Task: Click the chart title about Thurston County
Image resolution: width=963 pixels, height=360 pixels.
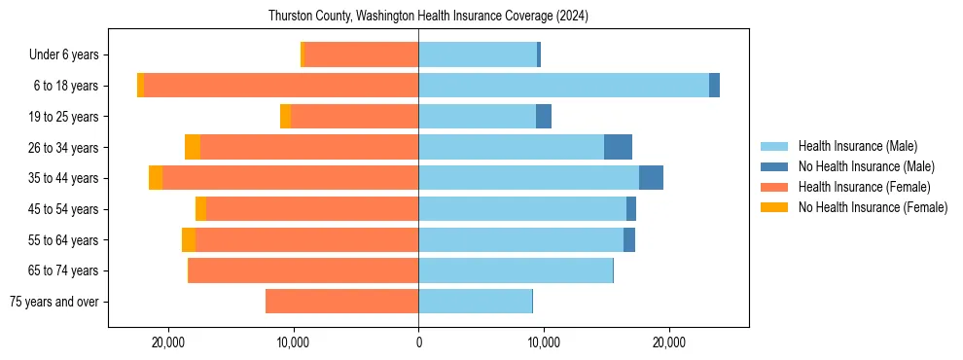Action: click(x=428, y=17)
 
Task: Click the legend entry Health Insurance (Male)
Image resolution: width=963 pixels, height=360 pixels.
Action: click(x=857, y=146)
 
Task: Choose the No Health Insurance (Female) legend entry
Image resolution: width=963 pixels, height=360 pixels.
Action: click(x=873, y=207)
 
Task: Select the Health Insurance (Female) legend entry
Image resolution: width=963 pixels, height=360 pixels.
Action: click(x=864, y=187)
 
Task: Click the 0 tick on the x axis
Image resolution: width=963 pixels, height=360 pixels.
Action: click(x=418, y=342)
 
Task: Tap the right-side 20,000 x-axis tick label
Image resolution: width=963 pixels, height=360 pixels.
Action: click(x=668, y=342)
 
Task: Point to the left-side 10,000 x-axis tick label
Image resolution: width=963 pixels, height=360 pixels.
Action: click(x=294, y=342)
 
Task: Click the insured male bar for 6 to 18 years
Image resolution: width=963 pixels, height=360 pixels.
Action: click(x=563, y=86)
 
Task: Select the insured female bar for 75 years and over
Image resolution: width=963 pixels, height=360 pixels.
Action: click(x=341, y=302)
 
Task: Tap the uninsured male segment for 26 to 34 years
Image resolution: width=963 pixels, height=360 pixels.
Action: click(x=618, y=147)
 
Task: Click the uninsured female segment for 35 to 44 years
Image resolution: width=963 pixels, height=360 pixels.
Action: click(x=156, y=178)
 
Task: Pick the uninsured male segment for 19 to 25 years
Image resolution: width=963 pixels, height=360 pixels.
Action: click(x=544, y=117)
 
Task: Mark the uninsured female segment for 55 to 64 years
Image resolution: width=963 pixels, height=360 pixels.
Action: click(x=189, y=239)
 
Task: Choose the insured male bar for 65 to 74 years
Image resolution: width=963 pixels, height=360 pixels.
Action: click(x=516, y=270)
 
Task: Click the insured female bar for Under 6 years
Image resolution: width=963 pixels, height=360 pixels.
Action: click(x=361, y=54)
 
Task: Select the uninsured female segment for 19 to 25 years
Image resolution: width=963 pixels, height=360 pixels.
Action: click(x=285, y=117)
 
